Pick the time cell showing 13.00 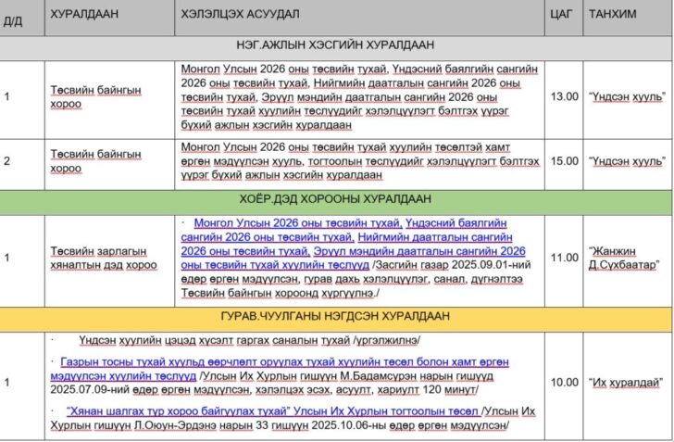pos(564,96)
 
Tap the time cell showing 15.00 pos(564,161)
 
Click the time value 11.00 pos(564,258)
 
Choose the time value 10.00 pos(564,382)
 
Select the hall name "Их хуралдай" pos(625,382)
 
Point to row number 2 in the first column pos(6,161)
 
